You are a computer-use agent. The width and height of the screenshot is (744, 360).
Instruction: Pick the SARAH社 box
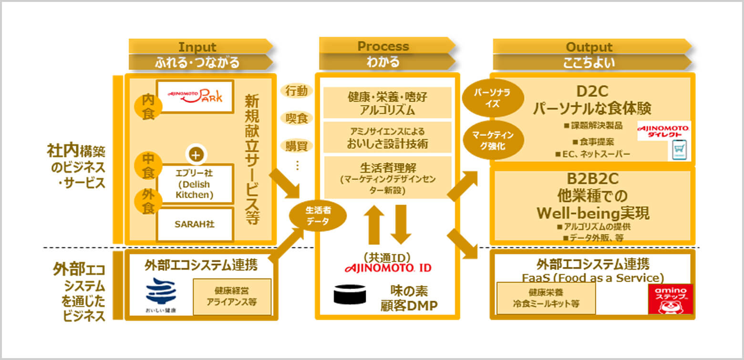coord(195,224)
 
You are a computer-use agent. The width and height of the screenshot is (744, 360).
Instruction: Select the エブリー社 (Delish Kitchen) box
coord(195,184)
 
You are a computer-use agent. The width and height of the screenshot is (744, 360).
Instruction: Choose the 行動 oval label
coord(296,91)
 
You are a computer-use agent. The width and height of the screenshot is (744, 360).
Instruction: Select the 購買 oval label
coord(296,145)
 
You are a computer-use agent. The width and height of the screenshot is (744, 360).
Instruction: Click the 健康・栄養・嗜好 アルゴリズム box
coord(387,103)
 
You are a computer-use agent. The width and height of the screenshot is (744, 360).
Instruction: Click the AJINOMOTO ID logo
coord(387,267)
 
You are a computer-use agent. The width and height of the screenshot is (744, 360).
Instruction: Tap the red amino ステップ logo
coord(670,298)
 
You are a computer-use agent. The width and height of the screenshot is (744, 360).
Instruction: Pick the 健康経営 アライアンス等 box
coord(232,297)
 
